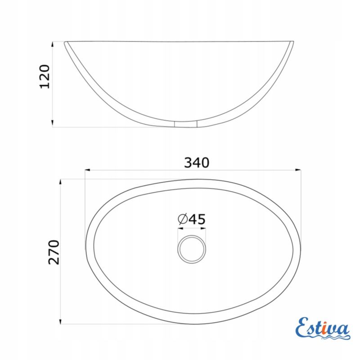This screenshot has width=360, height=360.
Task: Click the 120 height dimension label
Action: (x=45, y=76)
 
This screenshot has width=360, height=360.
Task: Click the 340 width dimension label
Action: (x=197, y=162)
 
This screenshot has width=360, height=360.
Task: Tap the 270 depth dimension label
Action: (x=54, y=252)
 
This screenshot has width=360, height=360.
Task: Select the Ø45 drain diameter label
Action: (x=192, y=219)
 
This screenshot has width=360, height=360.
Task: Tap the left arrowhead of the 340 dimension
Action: (x=87, y=170)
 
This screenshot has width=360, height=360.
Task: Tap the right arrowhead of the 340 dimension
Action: (x=298, y=170)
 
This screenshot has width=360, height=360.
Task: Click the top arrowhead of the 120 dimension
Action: (x=52, y=44)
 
